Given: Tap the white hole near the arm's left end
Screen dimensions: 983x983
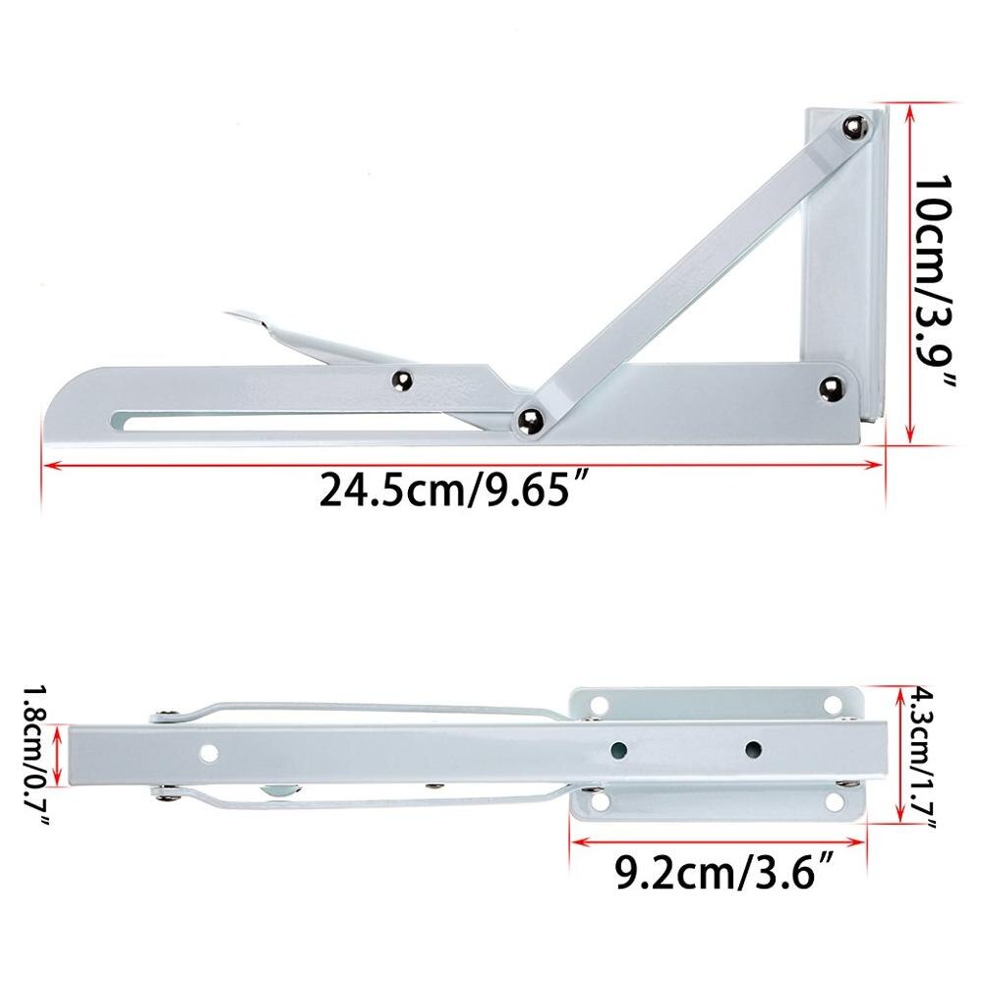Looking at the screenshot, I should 208,754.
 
